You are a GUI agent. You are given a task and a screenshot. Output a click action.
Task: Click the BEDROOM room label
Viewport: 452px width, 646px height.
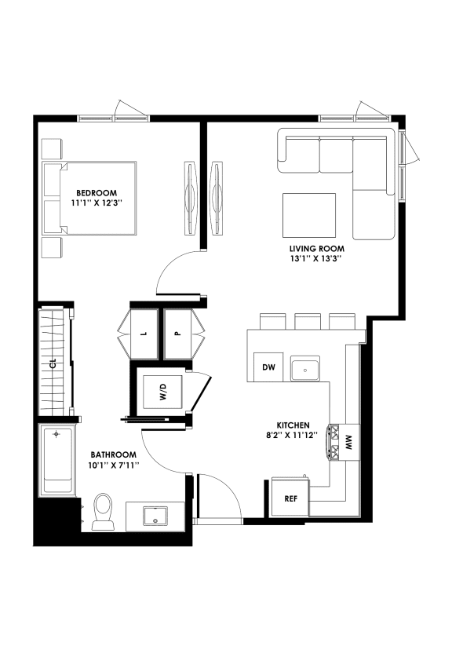(97, 192)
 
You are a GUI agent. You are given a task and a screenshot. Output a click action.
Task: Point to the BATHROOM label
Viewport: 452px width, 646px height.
(113, 454)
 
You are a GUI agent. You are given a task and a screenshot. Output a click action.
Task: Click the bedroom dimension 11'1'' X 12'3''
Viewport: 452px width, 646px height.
(97, 203)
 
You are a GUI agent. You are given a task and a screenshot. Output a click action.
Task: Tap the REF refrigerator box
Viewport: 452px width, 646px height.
(280, 498)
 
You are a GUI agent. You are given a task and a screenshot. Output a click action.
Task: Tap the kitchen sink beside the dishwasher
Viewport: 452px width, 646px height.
(304, 367)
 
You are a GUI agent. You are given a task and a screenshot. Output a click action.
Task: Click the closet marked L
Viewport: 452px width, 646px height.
(143, 332)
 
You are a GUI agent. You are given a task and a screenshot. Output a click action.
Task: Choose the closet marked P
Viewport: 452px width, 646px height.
(178, 332)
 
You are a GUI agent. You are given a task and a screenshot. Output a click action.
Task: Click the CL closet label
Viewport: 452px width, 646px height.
(53, 363)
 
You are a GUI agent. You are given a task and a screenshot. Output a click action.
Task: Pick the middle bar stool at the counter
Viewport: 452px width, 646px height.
(306, 321)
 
